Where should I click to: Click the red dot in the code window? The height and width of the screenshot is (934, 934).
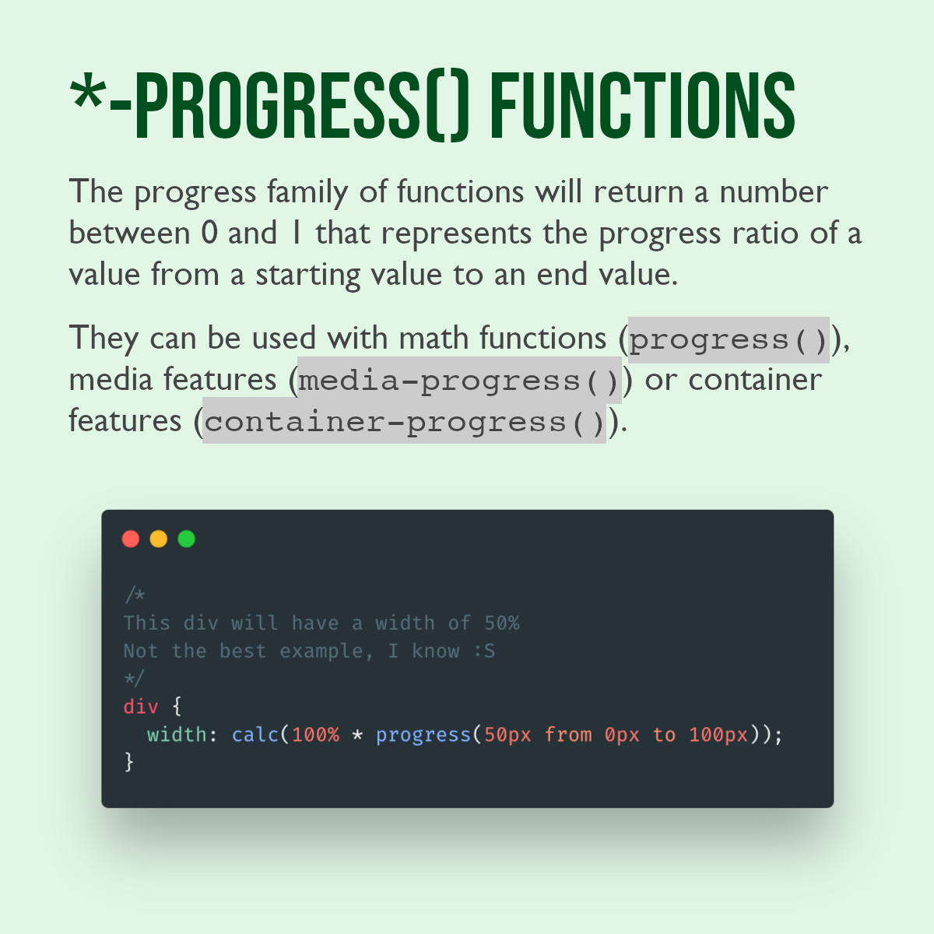pos(131,539)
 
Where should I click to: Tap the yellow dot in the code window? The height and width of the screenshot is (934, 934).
pos(159,539)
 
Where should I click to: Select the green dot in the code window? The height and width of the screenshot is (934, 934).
pos(187,539)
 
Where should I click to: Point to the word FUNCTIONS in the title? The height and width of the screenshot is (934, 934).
pos(643,105)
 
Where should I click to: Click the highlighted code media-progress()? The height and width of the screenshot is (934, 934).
pos(459,381)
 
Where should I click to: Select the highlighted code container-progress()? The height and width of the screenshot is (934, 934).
pos(404,421)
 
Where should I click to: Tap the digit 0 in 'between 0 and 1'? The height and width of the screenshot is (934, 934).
pos(209,233)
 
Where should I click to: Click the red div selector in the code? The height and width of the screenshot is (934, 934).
pos(141,707)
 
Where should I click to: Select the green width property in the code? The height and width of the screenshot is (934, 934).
pos(177,735)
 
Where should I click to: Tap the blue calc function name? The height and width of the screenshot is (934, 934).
pos(255,735)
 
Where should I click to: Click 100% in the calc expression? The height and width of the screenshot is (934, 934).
pos(315,735)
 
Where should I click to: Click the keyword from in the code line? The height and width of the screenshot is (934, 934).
pos(568,735)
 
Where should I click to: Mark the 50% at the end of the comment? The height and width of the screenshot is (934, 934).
pos(502,623)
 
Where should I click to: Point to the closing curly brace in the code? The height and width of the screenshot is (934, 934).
pos(129,762)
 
